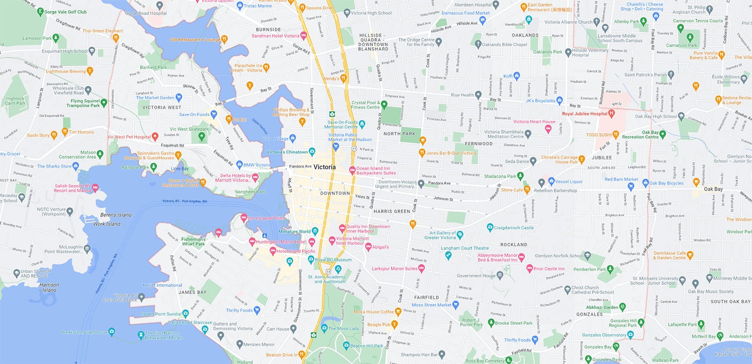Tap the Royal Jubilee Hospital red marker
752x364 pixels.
pyautogui.click(x=611, y=114)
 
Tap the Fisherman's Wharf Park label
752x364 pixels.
pyautogui.click(x=192, y=241)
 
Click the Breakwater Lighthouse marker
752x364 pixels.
pyautogui.click(x=111, y=332)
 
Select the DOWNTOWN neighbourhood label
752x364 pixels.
pyautogui.click(x=335, y=193)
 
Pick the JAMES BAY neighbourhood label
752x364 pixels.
pyautogui.click(x=192, y=292)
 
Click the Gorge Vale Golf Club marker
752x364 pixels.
pyautogui.click(x=41, y=11)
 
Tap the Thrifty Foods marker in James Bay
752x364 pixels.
pyautogui.click(x=257, y=310)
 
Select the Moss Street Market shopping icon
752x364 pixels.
pyautogui.click(x=456, y=305)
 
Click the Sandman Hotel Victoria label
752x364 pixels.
pyautogui.click(x=276, y=36)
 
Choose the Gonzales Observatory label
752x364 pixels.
pyautogui.click(x=604, y=335)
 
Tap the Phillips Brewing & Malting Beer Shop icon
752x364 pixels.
pyautogui.click(x=302, y=121)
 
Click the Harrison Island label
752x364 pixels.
pyautogui.click(x=48, y=287)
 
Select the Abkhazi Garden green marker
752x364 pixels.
pyautogui.click(x=623, y=307)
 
